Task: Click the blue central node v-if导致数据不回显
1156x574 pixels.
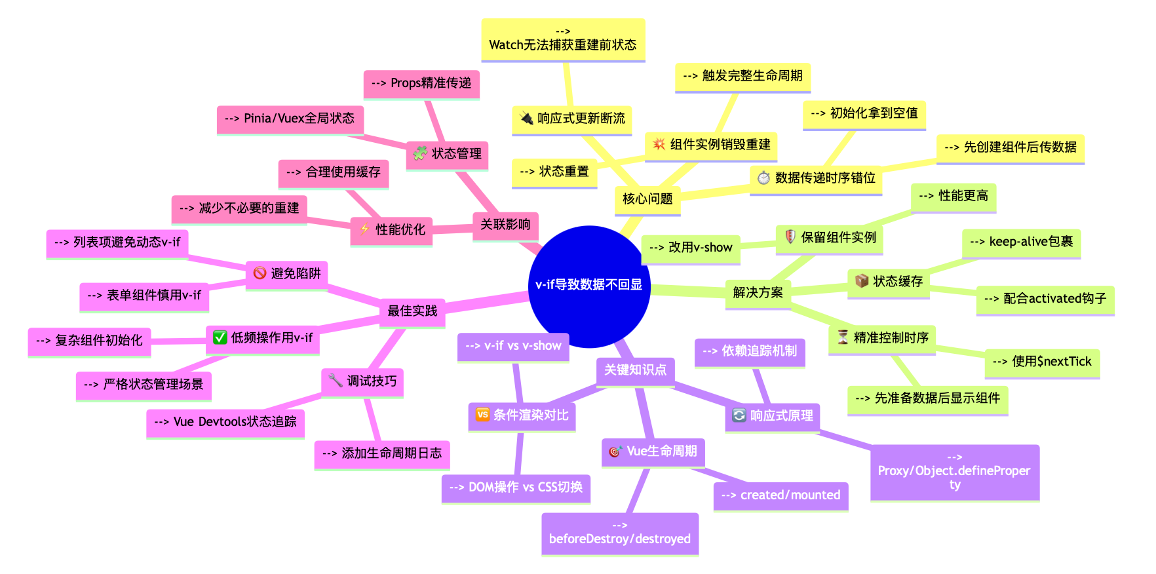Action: click(x=588, y=286)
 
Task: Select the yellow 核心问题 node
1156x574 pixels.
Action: click(x=647, y=199)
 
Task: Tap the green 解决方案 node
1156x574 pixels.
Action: click(x=758, y=292)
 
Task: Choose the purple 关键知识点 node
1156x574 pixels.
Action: click(x=635, y=370)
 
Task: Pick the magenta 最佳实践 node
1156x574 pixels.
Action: click(x=412, y=311)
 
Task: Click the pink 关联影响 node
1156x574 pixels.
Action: click(x=505, y=225)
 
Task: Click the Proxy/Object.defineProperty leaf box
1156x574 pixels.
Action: click(x=954, y=472)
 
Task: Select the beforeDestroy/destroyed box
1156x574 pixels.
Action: click(x=620, y=533)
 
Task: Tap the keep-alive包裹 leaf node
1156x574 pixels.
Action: click(x=1021, y=242)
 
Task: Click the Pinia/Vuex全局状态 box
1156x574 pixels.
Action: click(x=290, y=119)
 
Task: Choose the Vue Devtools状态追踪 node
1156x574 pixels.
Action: click(x=225, y=422)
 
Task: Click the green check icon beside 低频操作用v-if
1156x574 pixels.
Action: click(x=220, y=337)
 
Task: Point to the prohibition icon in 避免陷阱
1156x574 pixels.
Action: click(x=260, y=273)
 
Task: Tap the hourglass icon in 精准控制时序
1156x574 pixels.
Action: click(x=843, y=337)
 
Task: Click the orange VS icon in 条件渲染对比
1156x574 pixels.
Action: click(x=482, y=414)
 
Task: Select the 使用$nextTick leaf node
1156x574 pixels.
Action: click(x=1042, y=362)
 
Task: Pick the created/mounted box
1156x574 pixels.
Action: click(x=780, y=495)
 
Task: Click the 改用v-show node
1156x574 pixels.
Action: click(x=691, y=248)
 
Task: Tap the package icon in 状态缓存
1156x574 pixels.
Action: click(x=862, y=281)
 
